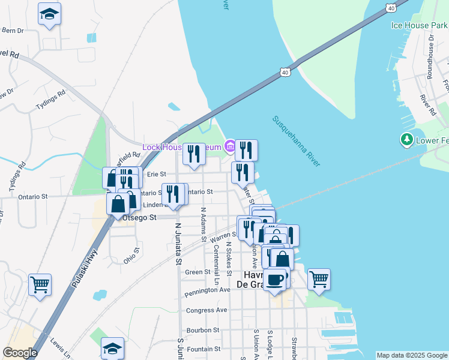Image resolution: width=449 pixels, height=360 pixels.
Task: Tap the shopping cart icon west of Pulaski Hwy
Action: [40, 284]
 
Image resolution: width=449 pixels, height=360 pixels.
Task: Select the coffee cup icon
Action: [275, 280]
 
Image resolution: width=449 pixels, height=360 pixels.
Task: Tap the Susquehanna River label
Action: [297, 141]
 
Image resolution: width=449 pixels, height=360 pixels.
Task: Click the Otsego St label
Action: [139, 218]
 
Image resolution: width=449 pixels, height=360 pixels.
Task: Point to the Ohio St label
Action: [131, 256]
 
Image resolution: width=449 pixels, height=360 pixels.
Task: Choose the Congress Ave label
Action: [206, 310]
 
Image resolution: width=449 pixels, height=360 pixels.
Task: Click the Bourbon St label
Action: [203, 330]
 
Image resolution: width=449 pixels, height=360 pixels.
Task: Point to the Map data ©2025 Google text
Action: [412, 355]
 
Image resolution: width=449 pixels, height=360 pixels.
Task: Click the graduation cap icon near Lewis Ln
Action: [113, 347]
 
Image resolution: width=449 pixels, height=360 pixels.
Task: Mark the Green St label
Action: [197, 272]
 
